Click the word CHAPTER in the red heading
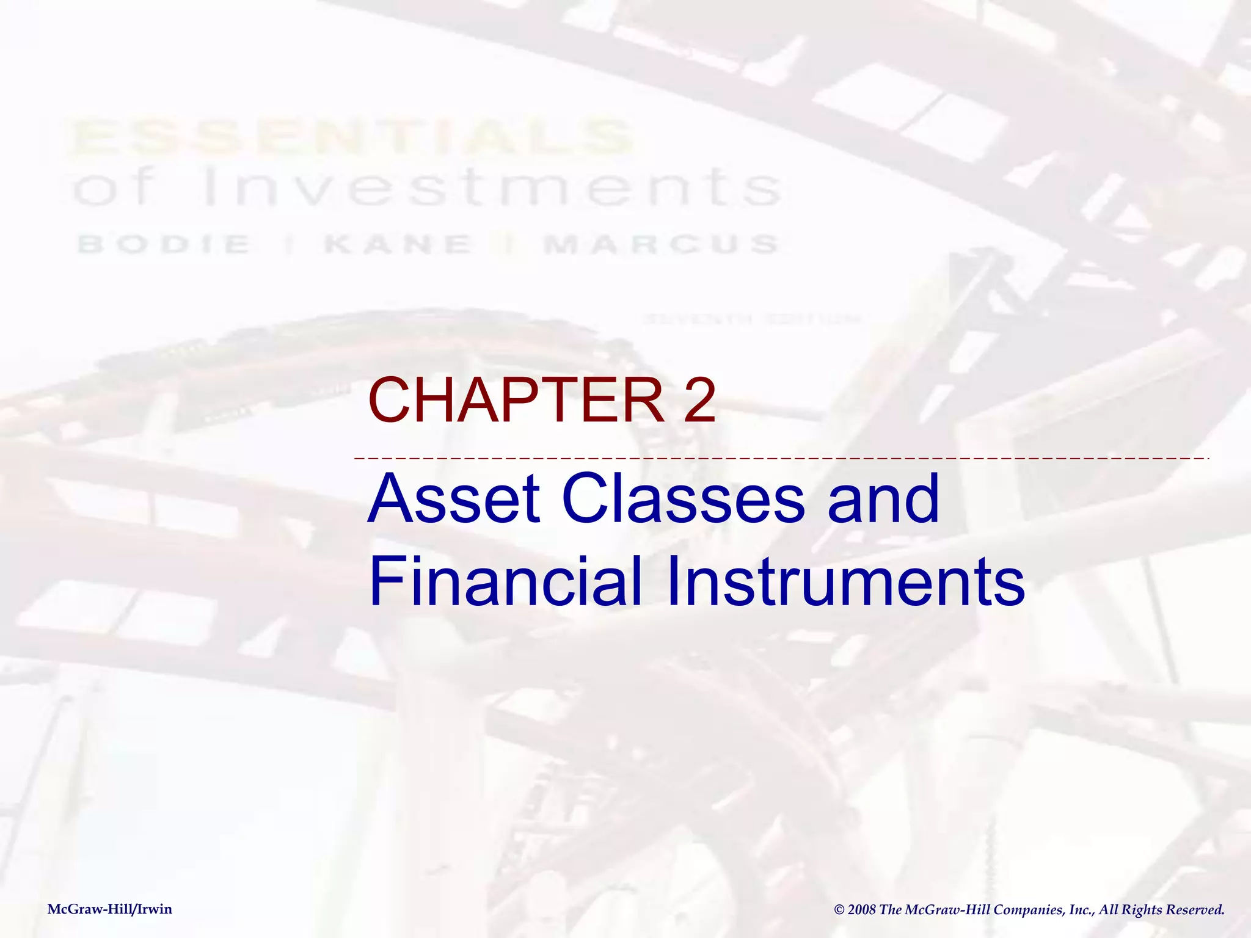(517, 401)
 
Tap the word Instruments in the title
(847, 581)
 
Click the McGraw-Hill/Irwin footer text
(110, 909)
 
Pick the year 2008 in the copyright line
(862, 910)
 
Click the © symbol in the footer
(839, 910)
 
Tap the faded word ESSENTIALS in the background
(351, 137)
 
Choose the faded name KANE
(398, 244)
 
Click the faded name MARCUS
(661, 244)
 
